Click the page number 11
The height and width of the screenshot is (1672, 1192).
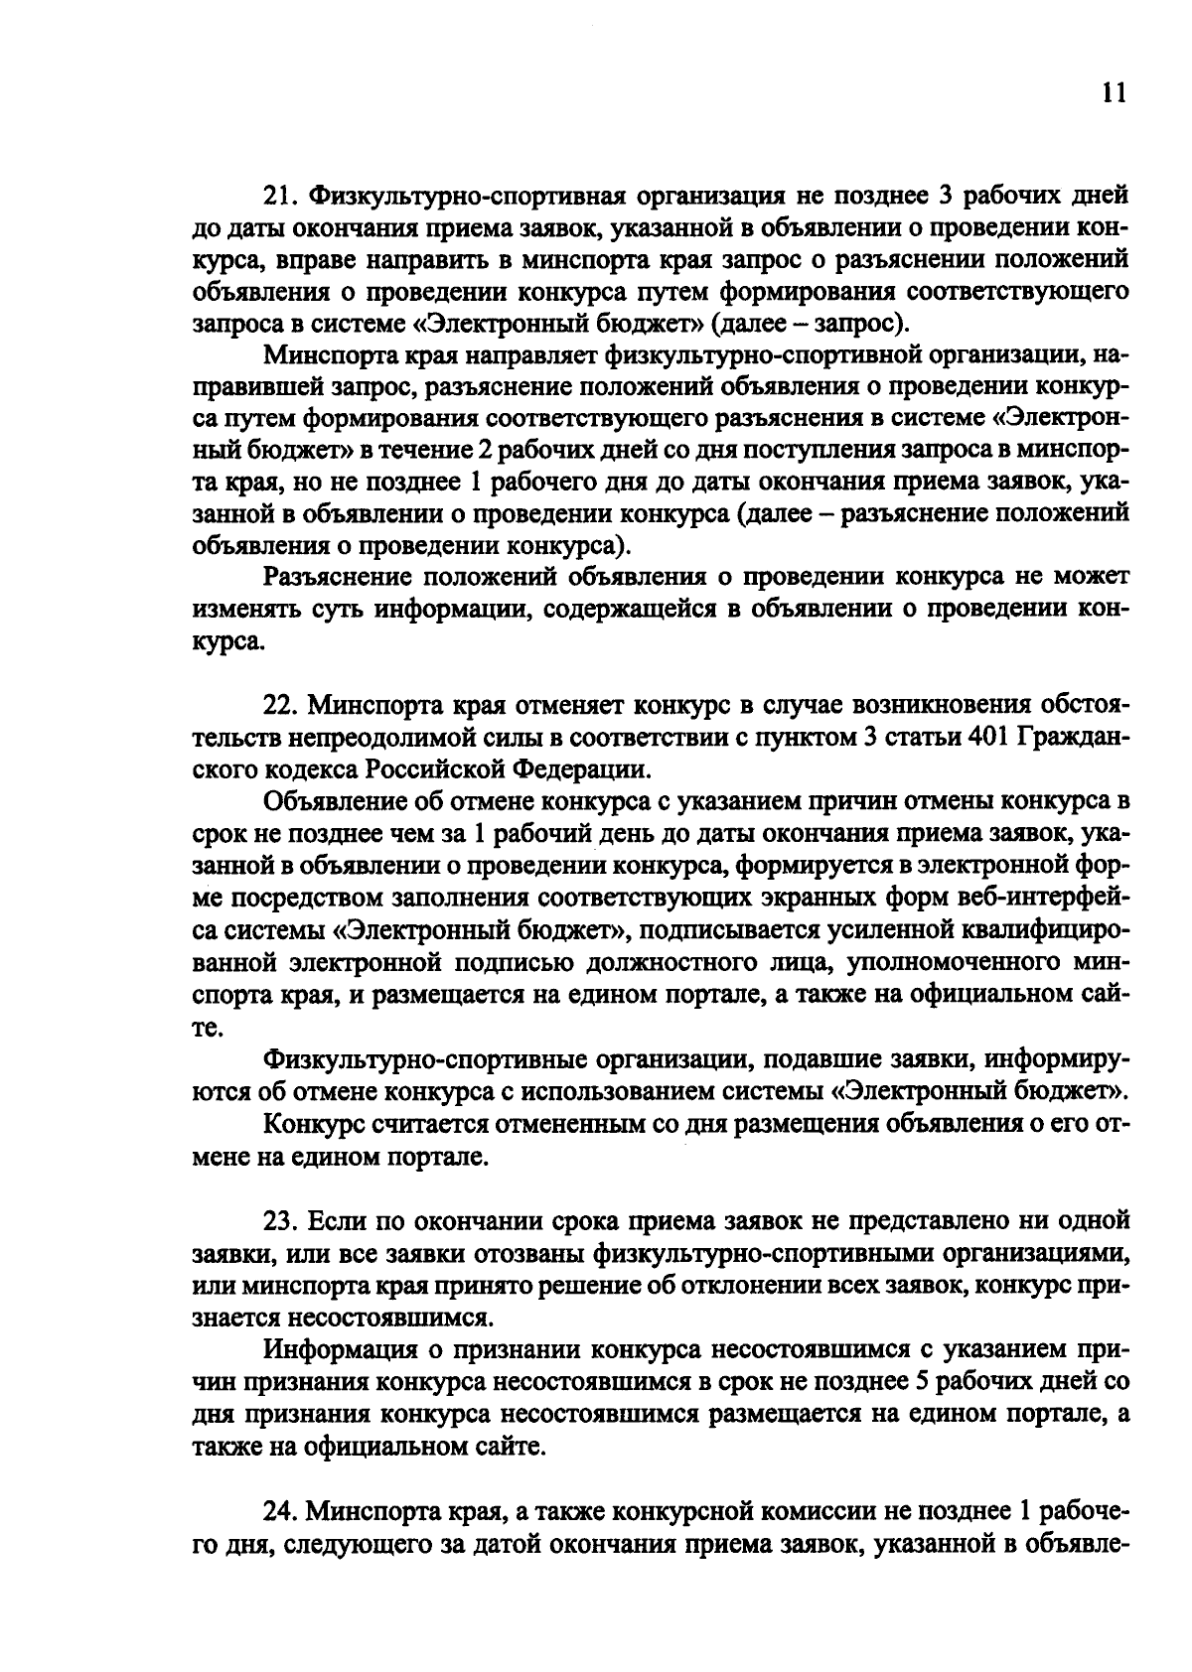(x=1115, y=93)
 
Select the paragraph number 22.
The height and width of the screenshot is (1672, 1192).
(x=281, y=706)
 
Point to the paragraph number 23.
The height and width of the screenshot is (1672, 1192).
(x=281, y=1219)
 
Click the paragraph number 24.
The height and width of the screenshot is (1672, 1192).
(x=281, y=1512)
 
